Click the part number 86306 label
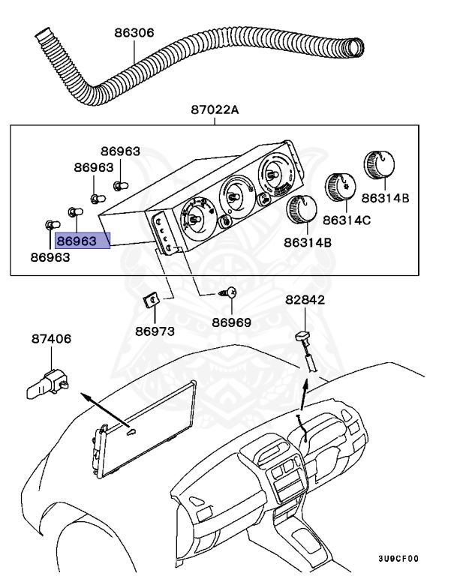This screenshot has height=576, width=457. (134, 33)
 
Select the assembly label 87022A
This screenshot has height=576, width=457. (214, 110)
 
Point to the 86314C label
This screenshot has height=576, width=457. (347, 220)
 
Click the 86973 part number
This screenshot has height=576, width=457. (155, 331)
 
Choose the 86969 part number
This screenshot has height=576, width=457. (231, 322)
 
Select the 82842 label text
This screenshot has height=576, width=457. (305, 300)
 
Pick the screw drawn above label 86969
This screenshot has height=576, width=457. (230, 294)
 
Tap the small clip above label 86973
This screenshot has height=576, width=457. (151, 301)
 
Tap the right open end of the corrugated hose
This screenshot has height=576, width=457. (353, 47)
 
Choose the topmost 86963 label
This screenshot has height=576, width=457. (120, 151)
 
